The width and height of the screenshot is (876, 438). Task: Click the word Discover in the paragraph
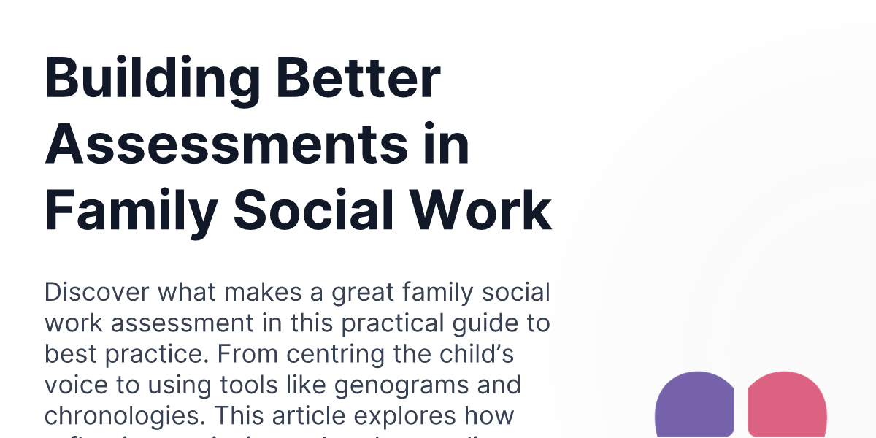coord(94,293)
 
